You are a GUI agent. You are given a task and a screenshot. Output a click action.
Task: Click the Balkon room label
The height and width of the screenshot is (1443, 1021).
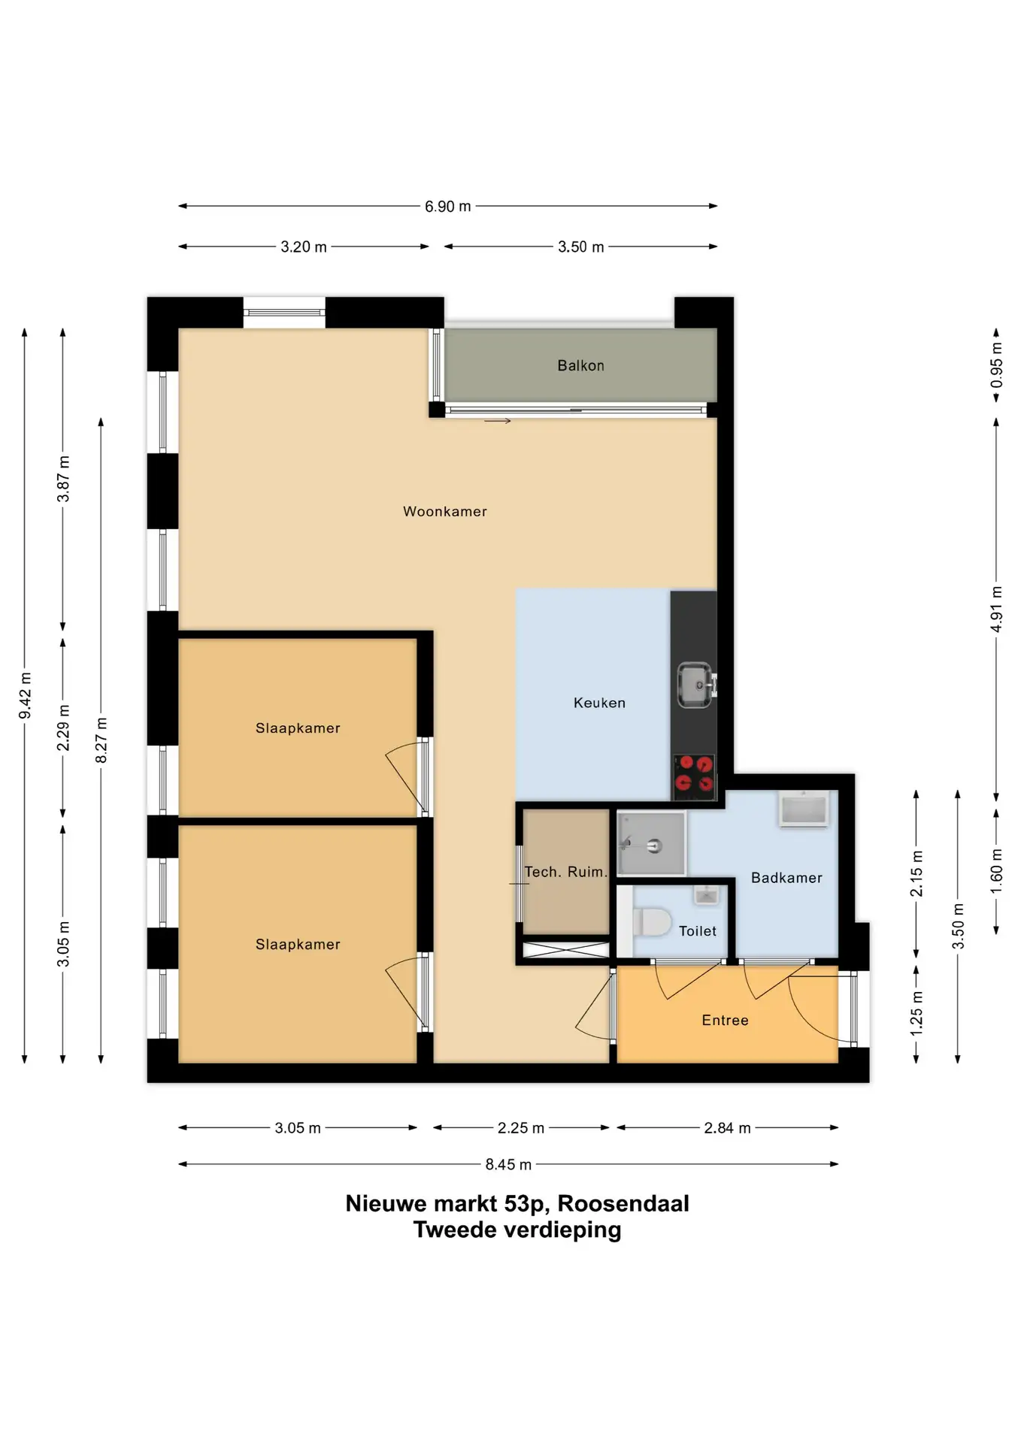(580, 366)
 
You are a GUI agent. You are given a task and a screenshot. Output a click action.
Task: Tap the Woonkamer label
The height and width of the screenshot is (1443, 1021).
(445, 512)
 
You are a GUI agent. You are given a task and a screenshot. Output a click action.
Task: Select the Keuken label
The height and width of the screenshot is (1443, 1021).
(599, 703)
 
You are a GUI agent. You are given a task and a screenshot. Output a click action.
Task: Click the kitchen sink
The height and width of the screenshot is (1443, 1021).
(695, 685)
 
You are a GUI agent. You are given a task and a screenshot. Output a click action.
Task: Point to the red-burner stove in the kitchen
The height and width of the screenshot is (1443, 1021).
(694, 775)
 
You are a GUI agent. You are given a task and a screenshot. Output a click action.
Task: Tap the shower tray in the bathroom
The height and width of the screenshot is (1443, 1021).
(651, 843)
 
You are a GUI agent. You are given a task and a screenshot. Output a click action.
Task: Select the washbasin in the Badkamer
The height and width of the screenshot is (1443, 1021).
(804, 809)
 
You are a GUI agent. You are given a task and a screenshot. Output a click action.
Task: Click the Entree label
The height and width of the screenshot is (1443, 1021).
(725, 1021)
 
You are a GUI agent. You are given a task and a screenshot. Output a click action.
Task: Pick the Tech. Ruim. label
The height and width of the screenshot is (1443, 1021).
(565, 872)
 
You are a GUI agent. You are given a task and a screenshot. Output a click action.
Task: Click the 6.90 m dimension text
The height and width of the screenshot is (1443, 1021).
(448, 207)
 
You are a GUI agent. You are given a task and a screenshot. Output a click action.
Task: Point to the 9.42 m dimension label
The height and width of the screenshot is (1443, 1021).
(25, 695)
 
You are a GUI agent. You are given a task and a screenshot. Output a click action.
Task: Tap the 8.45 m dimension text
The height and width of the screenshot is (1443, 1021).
(508, 1165)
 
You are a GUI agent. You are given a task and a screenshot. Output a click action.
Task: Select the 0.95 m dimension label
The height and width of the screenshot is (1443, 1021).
(997, 365)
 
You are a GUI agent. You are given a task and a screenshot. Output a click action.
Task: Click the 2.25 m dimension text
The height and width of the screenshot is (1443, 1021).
(521, 1128)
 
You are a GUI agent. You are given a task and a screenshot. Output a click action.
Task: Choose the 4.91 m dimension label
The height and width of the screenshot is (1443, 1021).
(997, 609)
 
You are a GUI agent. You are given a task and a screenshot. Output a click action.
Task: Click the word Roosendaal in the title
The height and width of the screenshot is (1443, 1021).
(623, 1204)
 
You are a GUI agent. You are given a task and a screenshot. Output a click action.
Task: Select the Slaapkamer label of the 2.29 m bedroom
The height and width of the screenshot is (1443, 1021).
(298, 728)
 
